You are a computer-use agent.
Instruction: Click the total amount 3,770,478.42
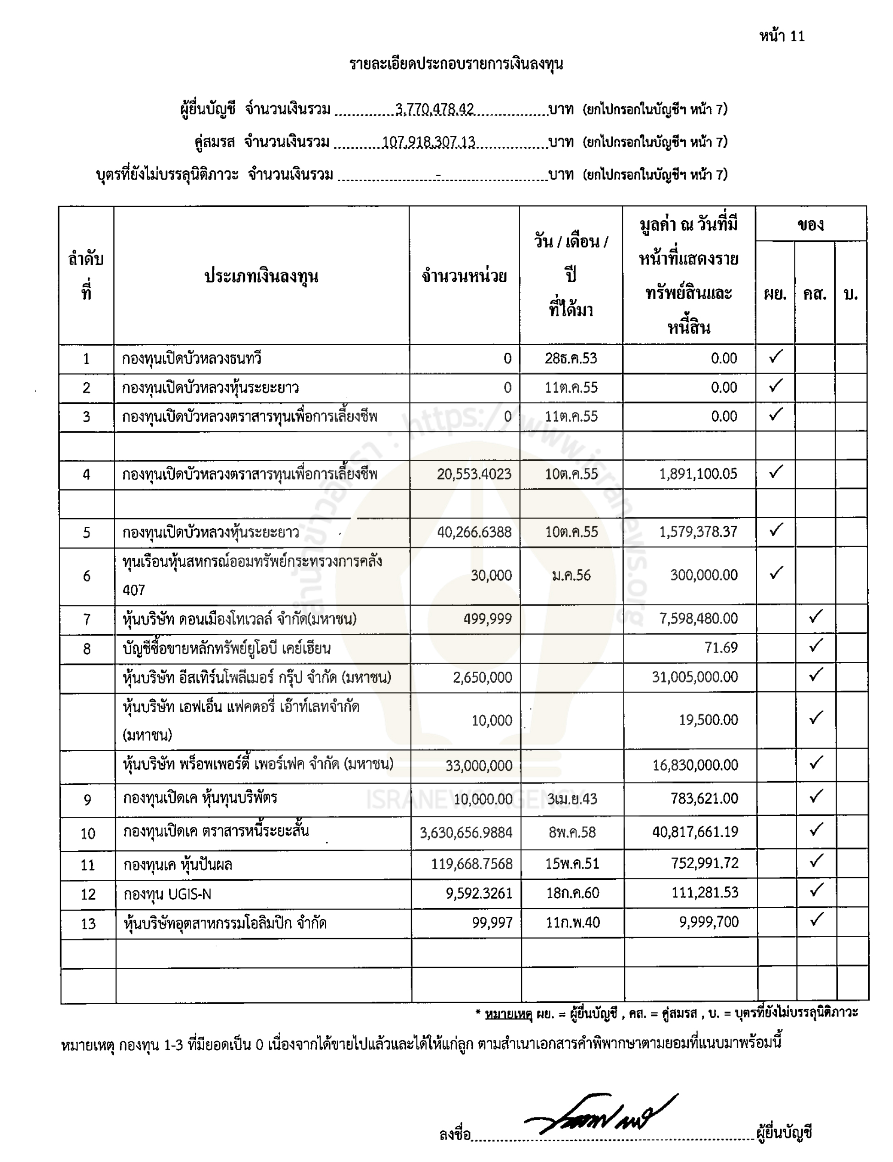coord(434,109)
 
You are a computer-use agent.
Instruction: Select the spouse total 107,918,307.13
coord(428,142)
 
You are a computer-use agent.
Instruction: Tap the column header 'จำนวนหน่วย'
coord(464,276)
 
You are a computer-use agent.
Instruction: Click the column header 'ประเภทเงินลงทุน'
coord(261,276)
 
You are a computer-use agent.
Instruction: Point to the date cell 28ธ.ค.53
coord(571,358)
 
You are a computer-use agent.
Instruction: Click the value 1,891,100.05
coord(698,474)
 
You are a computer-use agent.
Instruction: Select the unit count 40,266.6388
coord(474,532)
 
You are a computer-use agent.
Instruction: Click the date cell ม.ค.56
coord(571,575)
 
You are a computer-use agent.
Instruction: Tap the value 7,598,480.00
coord(698,619)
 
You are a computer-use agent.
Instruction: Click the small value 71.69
coord(721,648)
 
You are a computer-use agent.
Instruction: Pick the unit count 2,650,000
coord(482,677)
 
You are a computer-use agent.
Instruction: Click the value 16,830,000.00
coord(695,765)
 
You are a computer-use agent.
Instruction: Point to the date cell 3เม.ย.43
coord(572,799)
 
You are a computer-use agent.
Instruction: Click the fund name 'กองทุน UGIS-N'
coord(167,894)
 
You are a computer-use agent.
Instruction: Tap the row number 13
coord(88,923)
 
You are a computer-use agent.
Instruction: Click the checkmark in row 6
coord(776,573)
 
